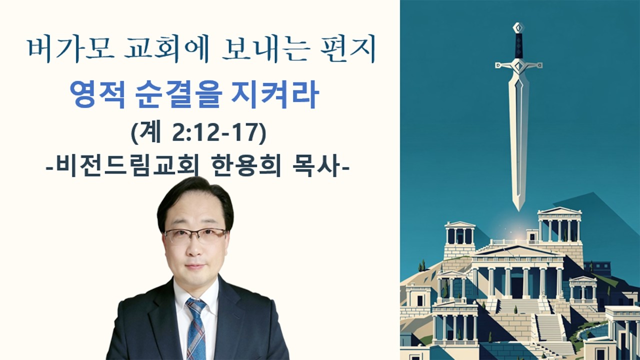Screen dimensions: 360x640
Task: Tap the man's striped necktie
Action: point(196,325)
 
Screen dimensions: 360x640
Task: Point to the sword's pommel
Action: point(518,27)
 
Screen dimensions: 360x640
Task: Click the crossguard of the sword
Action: point(518,65)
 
